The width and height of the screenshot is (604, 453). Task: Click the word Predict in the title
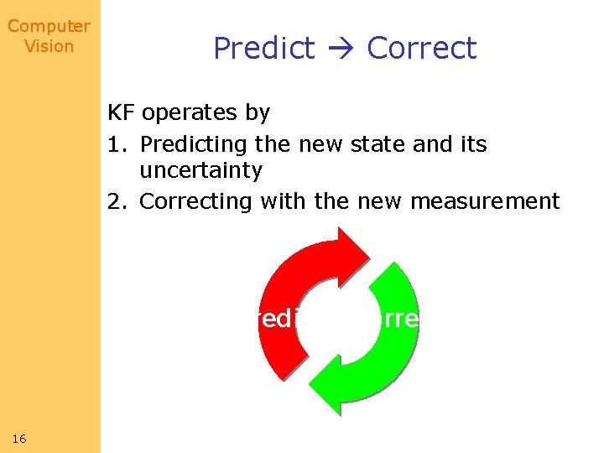coord(263,49)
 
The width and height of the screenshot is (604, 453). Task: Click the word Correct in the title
coord(421,49)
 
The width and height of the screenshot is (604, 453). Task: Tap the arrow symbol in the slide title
coord(340,49)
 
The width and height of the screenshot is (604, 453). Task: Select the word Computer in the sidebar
coord(49,27)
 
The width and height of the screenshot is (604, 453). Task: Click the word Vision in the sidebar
coord(49,46)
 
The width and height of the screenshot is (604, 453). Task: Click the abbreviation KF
coord(122,112)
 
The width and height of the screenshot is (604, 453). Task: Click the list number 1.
coord(116,144)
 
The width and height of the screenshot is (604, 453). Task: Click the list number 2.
coord(116,201)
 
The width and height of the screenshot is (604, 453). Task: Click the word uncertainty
coord(200,171)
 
